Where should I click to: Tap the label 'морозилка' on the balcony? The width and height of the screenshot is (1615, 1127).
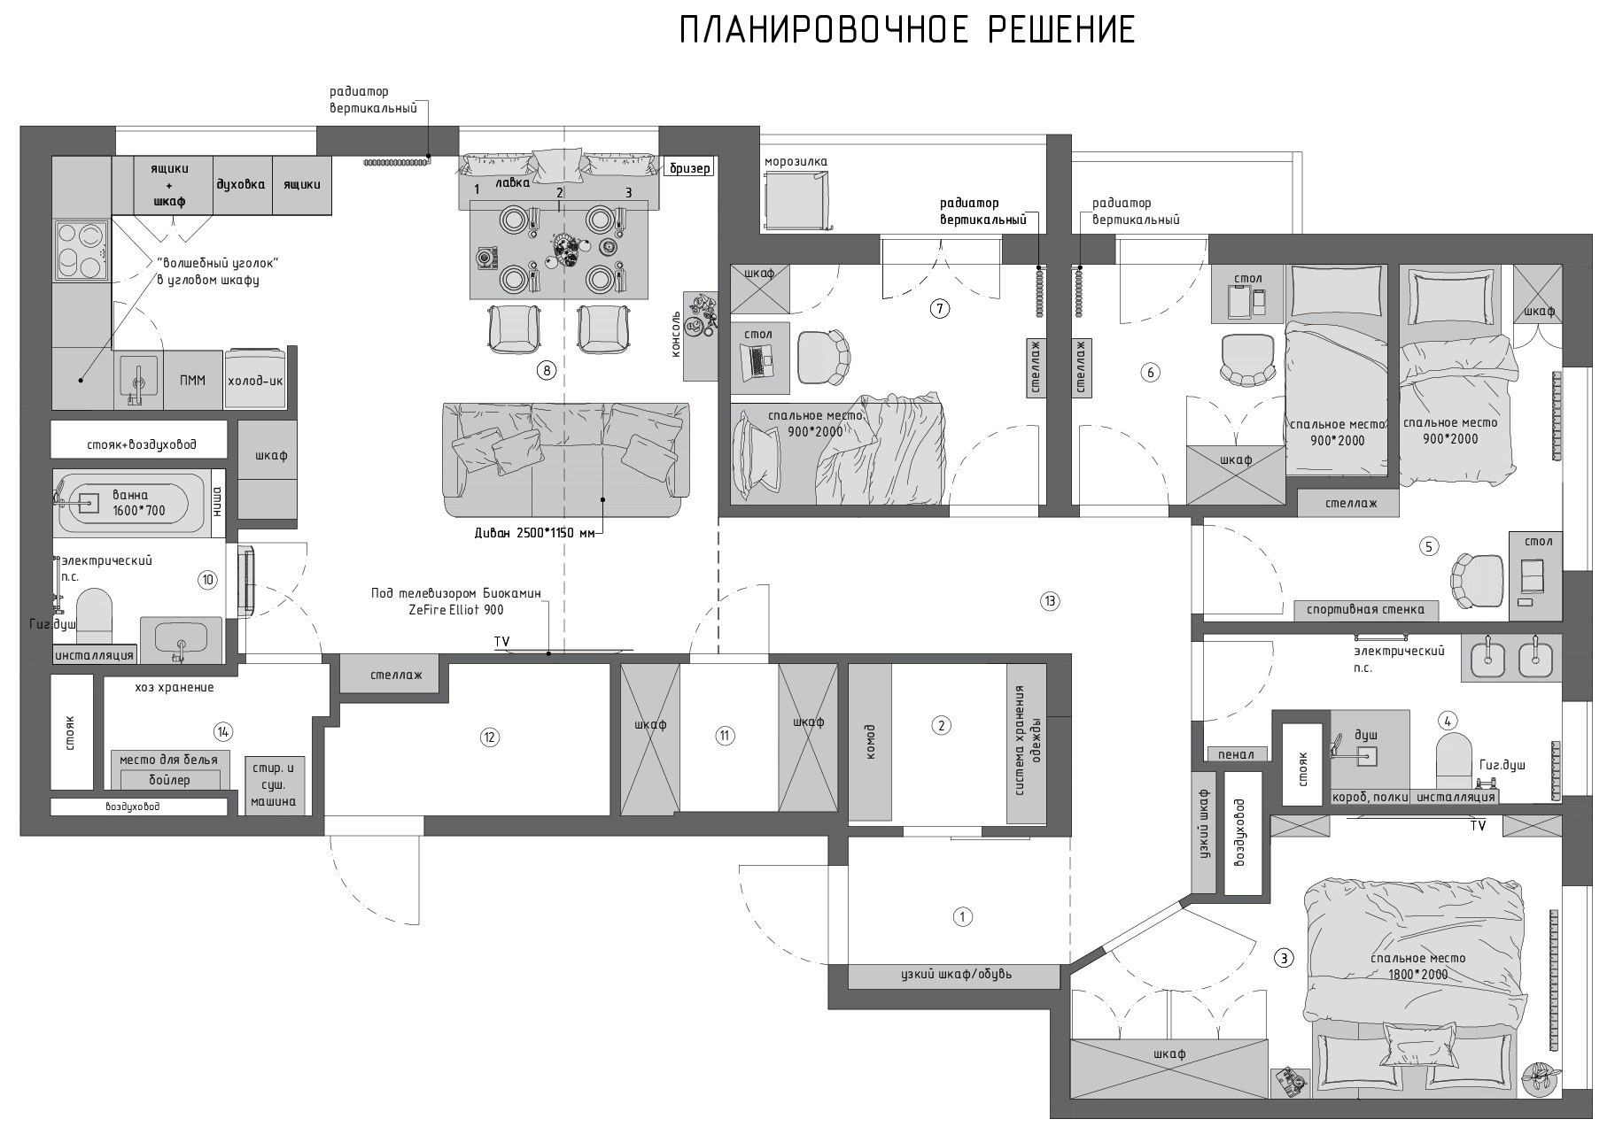click(x=796, y=161)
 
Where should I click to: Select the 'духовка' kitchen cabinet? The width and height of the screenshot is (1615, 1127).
click(x=241, y=185)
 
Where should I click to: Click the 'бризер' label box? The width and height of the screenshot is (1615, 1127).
click(x=690, y=167)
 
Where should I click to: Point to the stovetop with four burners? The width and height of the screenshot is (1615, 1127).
click(x=81, y=251)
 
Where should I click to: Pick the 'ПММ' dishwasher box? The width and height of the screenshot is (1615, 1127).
click(x=192, y=381)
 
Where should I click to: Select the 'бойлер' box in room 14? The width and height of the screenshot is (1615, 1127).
click(x=169, y=780)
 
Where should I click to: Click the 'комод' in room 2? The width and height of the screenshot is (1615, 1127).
click(x=870, y=742)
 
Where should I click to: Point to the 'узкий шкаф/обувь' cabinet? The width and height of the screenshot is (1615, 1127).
click(x=954, y=976)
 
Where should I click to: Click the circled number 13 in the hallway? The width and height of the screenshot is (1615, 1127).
click(x=1050, y=602)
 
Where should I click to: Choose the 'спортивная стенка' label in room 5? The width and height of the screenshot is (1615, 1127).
click(x=1365, y=609)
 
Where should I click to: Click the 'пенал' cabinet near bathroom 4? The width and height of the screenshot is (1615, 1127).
click(x=1236, y=754)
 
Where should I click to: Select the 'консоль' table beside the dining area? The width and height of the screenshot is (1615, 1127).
click(x=700, y=336)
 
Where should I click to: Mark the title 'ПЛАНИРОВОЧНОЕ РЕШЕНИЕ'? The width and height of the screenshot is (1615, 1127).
click(x=907, y=31)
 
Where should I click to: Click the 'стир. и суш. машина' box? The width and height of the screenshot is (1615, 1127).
click(x=274, y=783)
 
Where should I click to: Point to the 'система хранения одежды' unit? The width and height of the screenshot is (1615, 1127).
click(x=1026, y=742)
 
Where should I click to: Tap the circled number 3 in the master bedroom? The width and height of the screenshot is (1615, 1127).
click(x=1283, y=958)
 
